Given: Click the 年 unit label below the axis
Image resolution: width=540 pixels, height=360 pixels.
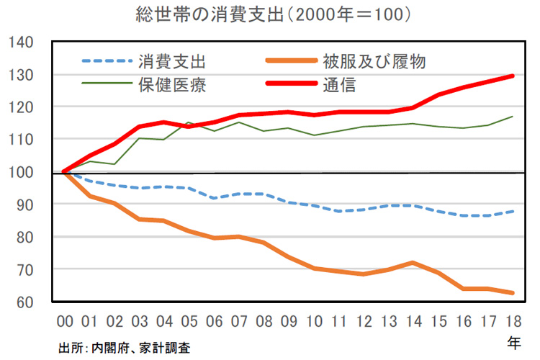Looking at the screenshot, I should tap(513, 343).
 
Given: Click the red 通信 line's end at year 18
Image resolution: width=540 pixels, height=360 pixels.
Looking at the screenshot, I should tap(513, 76).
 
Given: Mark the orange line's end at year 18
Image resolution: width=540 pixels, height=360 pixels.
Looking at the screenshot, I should tap(513, 292).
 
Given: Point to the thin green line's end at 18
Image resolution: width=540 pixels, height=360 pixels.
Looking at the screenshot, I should tap(513, 117).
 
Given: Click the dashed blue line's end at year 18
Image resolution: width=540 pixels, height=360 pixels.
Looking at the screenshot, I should tap(513, 211).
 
